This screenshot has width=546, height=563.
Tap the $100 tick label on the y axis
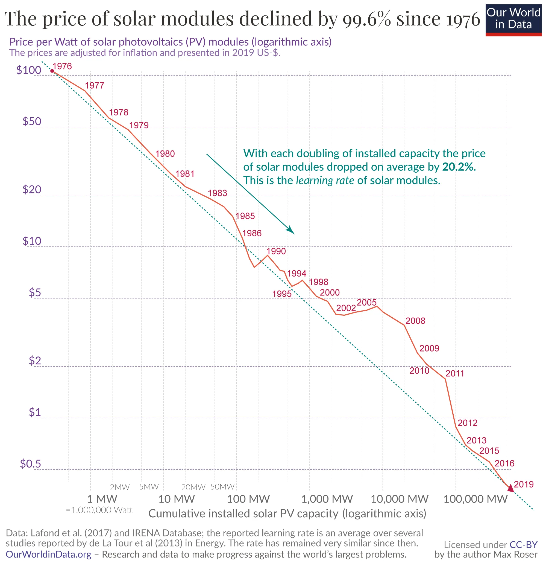coord(29,70)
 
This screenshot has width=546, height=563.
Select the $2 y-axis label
coord(35,361)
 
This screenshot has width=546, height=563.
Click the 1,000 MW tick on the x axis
coord(327,499)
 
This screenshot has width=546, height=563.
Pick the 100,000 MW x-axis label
coord(475,499)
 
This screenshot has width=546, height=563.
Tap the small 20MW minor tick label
coord(193,487)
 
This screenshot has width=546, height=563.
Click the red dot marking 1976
coord(52,71)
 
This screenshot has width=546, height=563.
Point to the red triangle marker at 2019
coord(510,488)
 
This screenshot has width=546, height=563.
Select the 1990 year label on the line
coord(276,251)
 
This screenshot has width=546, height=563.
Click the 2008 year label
coord(415,321)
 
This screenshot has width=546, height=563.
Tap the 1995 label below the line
coord(282,294)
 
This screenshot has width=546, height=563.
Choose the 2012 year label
coord(467,423)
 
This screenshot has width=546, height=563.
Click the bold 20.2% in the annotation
coord(459,167)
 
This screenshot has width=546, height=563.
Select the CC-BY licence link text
coord(523,544)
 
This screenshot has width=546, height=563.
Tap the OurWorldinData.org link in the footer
coord(48,554)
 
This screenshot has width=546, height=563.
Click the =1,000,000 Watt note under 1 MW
coord(99,510)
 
